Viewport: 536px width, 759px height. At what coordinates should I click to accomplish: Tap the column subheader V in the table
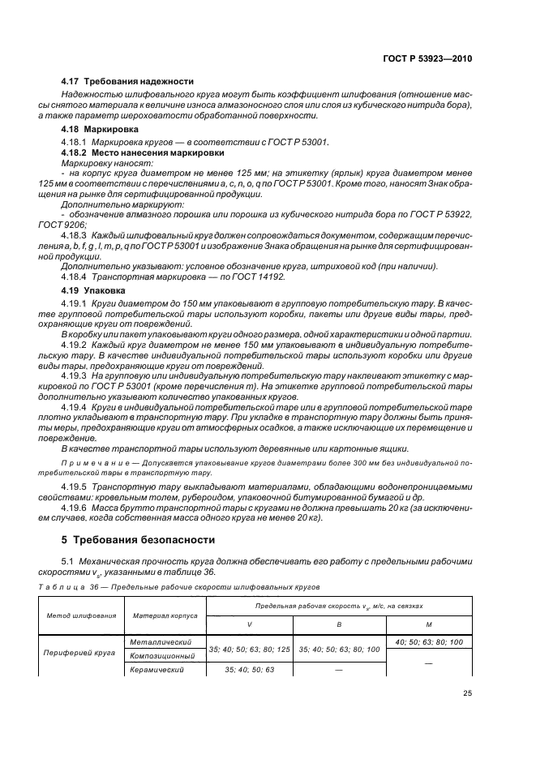[x=249, y=625]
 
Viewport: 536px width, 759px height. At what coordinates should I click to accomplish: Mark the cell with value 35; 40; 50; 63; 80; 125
[x=249, y=649]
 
